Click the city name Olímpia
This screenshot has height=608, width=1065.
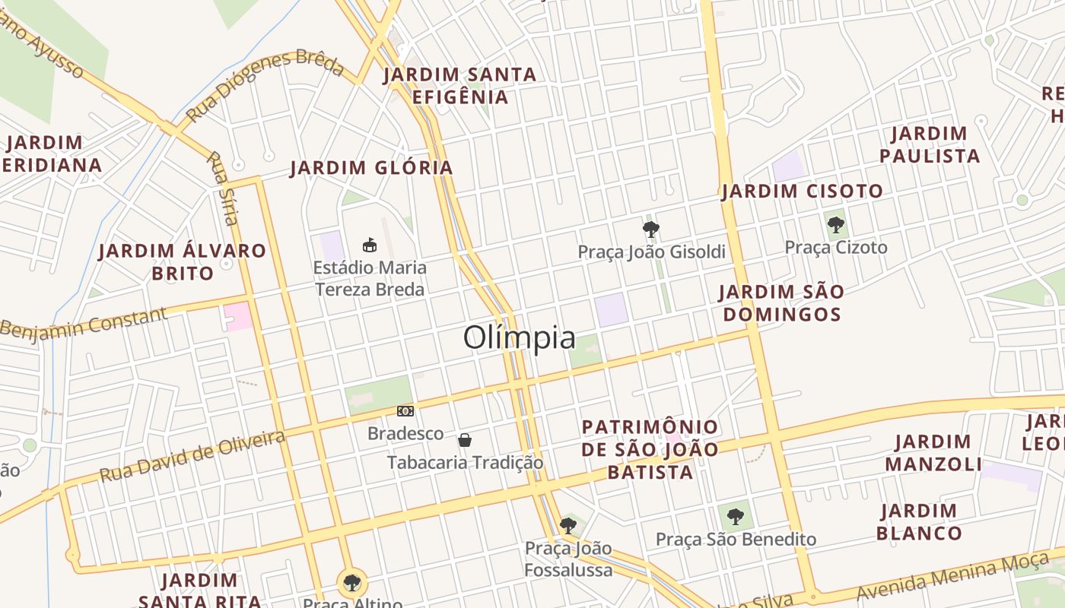pyautogui.click(x=519, y=337)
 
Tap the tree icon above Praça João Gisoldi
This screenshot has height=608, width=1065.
pyautogui.click(x=650, y=229)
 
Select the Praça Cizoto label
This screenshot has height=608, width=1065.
pyautogui.click(x=835, y=247)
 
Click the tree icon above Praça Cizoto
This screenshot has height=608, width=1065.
pyautogui.click(x=835, y=224)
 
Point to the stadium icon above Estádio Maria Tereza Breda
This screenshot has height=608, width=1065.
pyautogui.click(x=369, y=245)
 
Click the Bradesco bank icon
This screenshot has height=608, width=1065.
pyautogui.click(x=405, y=411)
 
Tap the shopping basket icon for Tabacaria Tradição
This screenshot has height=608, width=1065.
pyautogui.click(x=465, y=439)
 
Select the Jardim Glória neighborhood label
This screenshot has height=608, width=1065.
pyautogui.click(x=371, y=167)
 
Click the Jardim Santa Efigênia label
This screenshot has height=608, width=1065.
pyautogui.click(x=459, y=86)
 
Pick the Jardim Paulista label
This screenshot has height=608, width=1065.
pyautogui.click(x=929, y=144)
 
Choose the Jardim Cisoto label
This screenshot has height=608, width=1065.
pyautogui.click(x=802, y=191)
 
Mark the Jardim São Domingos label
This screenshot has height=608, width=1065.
pyautogui.click(x=781, y=302)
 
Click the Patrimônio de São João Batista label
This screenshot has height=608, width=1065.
pyautogui.click(x=650, y=449)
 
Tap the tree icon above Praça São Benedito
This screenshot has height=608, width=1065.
pyautogui.click(x=735, y=517)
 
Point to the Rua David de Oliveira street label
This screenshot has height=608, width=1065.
pyautogui.click(x=192, y=455)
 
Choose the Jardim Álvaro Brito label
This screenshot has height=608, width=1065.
pyautogui.click(x=183, y=261)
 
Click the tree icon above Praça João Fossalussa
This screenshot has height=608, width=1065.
pyautogui.click(x=567, y=525)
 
